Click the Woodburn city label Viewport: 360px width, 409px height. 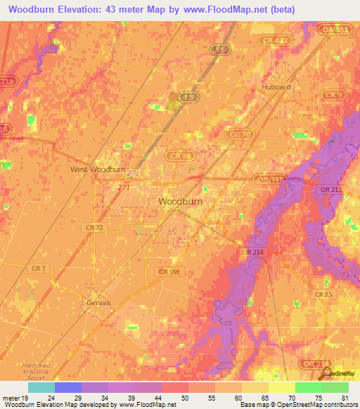pyautogui.click(x=181, y=201)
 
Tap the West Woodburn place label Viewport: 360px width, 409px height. pyautogui.click(x=98, y=169)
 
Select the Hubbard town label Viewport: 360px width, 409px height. pyautogui.click(x=276, y=87)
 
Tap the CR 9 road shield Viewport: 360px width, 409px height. pyautogui.click(x=333, y=94)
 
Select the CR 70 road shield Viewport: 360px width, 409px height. pyautogui.click(x=239, y=133)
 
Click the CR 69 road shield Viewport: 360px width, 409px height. pyautogui.click(x=179, y=155)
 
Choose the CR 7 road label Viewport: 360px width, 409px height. pyautogui.click(x=39, y=268)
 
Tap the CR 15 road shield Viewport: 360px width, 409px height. pyautogui.click(x=324, y=294)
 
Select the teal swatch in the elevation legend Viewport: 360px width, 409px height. pyautogui.click(x=41, y=387)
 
